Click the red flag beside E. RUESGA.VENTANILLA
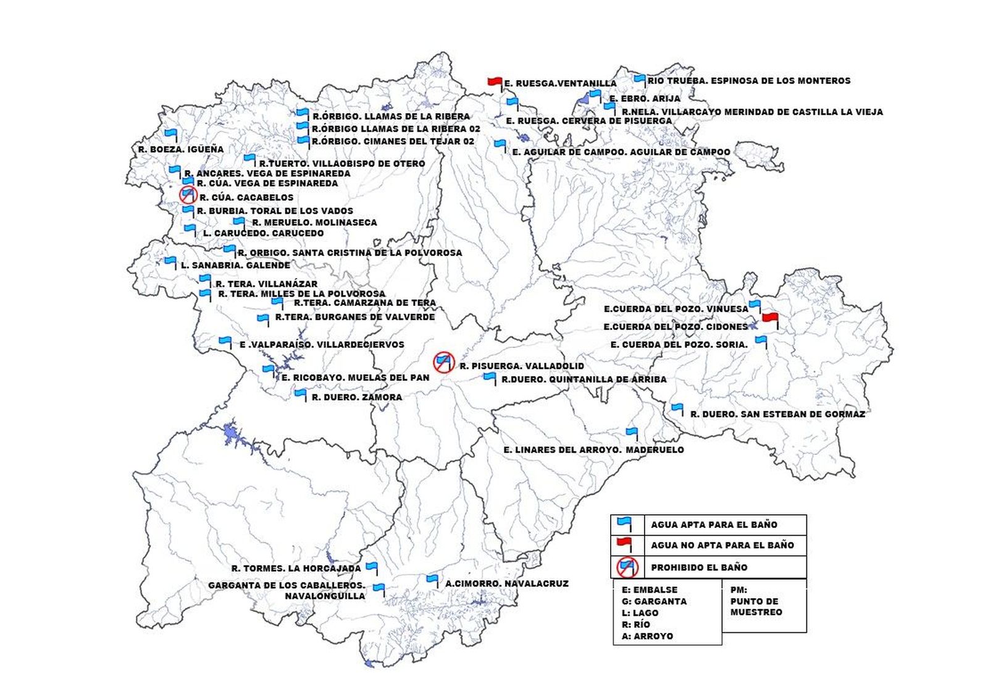(x=495, y=82)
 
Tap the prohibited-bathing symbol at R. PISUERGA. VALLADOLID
(x=443, y=362)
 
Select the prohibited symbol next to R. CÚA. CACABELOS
(x=188, y=195)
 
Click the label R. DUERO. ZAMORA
(x=356, y=397)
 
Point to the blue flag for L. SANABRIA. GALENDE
(x=170, y=261)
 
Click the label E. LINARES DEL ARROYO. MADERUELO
(x=593, y=450)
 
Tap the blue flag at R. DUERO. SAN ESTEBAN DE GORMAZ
(x=677, y=409)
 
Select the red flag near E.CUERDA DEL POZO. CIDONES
(x=769, y=318)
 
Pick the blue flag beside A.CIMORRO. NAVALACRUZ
(x=432, y=580)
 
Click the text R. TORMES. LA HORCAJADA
(x=296, y=568)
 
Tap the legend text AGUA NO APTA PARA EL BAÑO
(x=722, y=545)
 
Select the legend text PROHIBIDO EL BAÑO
(x=699, y=567)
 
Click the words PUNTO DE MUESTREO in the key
(x=755, y=606)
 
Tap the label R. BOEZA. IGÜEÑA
(x=181, y=149)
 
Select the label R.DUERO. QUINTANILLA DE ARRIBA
(x=584, y=379)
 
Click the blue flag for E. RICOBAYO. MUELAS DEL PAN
(x=268, y=370)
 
